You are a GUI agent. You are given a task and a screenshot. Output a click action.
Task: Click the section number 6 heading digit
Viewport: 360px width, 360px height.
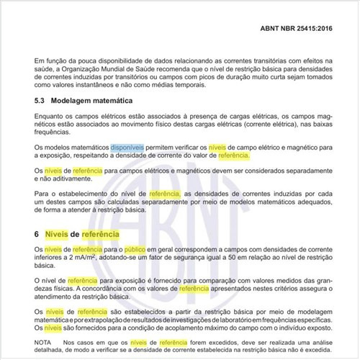(37, 235)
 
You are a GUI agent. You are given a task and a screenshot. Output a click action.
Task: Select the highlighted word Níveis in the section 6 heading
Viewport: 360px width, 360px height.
(59, 235)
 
